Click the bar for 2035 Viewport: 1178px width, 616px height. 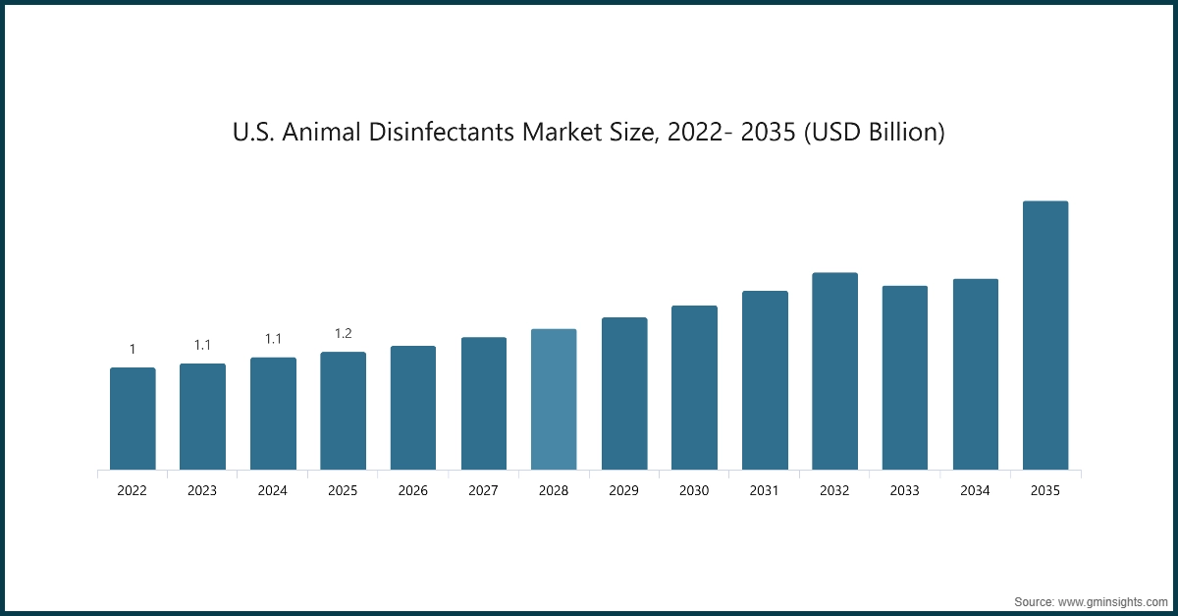(1045, 335)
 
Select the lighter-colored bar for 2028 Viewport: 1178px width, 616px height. (554, 399)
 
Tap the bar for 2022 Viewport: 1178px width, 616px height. (133, 419)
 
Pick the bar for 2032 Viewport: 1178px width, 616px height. (834, 370)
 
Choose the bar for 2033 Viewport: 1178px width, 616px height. (905, 377)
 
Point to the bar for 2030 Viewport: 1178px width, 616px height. (694, 387)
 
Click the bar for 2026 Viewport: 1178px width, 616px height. (413, 408)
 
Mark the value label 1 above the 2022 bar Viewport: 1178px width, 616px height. (133, 349)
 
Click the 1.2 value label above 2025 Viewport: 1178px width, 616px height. (344, 333)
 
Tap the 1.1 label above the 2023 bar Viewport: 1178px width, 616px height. (202, 345)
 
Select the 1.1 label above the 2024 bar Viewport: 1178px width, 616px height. (273, 339)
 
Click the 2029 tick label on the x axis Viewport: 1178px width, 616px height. (624, 490)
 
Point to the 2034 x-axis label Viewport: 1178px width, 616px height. (975, 490)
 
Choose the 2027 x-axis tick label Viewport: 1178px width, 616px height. (484, 490)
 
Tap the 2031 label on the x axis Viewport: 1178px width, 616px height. (765, 490)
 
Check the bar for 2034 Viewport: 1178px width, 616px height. (975, 374)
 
